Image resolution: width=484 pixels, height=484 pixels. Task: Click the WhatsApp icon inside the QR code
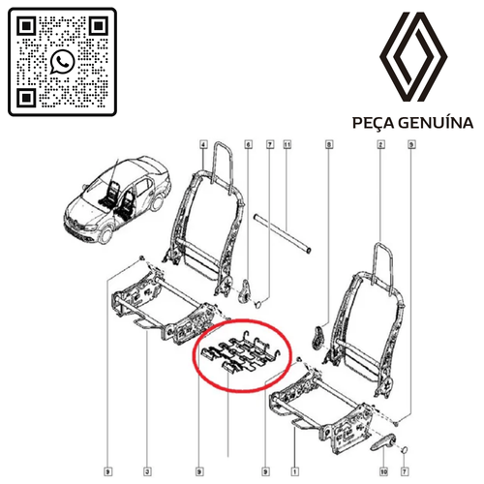[x=63, y=62]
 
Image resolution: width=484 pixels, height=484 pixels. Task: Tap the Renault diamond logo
[x=413, y=57]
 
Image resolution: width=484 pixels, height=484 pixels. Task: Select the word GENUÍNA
[x=436, y=123]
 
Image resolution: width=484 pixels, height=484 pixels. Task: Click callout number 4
[x=203, y=144]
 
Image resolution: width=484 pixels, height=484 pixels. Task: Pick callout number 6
[x=248, y=144]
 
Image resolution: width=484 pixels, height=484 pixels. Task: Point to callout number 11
[x=287, y=144]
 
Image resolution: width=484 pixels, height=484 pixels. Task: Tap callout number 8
[x=329, y=144]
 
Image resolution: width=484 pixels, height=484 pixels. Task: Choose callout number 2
[x=380, y=144]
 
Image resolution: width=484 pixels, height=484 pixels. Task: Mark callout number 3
[x=147, y=471]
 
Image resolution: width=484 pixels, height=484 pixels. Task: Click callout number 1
[x=294, y=471]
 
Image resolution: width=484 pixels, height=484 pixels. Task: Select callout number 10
[x=383, y=471]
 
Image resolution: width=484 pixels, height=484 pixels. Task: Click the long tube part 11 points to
[x=283, y=233]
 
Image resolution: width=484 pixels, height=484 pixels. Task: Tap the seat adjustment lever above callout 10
[x=382, y=441]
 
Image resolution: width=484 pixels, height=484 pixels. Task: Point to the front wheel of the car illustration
[x=106, y=235]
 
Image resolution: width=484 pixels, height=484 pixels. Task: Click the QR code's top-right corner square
[x=99, y=25]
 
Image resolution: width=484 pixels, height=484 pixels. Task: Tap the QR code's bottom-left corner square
[x=26, y=98]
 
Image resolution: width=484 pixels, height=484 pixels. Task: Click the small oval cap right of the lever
[x=405, y=450]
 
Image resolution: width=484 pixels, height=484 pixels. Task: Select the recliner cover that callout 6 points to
[x=245, y=290]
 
